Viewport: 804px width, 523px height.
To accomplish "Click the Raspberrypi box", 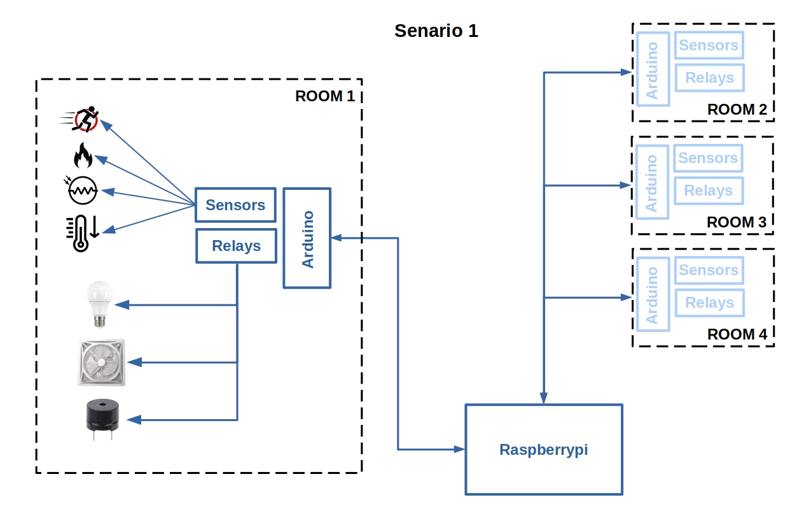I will click(544, 449).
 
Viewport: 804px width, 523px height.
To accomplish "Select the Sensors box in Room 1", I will click(235, 205).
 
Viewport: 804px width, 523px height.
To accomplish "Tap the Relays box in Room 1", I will click(236, 246).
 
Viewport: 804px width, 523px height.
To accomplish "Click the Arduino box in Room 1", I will click(307, 238).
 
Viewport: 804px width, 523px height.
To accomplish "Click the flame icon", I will click(83, 155).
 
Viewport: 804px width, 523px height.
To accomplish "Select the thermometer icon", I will click(81, 233).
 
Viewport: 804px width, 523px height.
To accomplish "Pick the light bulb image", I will click(99, 304).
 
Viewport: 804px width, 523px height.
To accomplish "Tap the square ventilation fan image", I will click(102, 362).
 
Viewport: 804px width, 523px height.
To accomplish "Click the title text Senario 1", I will click(436, 31).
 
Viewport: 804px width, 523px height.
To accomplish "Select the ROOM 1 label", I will click(324, 97).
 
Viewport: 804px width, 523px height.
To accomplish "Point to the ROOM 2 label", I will click(737, 110).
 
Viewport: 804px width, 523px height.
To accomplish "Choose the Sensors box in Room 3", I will click(708, 158).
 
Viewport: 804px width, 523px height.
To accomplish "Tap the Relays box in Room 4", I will click(709, 303).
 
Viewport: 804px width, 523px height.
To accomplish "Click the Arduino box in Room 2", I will click(653, 69).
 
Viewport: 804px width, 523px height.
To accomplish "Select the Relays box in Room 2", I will click(709, 78).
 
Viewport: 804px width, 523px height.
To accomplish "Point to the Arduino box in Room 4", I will click(653, 294).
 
